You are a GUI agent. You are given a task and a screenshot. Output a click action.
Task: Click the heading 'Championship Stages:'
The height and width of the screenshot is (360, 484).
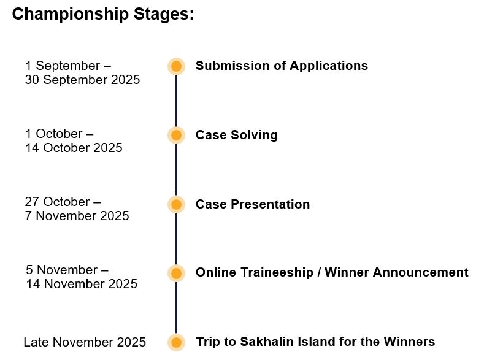click(103, 15)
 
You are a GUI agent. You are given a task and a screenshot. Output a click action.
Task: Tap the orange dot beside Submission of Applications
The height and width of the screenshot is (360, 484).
click(176, 66)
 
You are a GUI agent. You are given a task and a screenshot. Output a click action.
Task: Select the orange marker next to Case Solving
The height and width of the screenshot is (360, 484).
click(176, 135)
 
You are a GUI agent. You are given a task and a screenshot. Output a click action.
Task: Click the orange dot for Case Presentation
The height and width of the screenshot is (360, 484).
click(176, 204)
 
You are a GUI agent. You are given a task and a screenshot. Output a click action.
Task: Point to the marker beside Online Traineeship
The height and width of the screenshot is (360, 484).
click(176, 273)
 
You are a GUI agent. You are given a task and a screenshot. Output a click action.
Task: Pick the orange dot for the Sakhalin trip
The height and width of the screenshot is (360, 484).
click(176, 342)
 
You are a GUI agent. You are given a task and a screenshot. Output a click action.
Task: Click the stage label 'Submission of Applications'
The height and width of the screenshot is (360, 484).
click(282, 66)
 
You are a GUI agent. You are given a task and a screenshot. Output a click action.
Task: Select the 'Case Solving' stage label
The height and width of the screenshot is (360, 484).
click(237, 135)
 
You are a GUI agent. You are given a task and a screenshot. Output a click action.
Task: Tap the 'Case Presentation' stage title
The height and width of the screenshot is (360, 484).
click(253, 204)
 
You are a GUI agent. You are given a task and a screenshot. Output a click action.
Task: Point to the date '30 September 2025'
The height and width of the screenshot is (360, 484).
click(82, 80)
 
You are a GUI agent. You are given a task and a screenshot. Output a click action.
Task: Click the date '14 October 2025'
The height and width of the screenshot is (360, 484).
click(74, 148)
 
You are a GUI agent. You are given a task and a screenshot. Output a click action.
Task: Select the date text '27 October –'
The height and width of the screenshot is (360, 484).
click(63, 202)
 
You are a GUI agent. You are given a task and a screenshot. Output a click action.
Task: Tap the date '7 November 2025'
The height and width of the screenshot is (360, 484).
click(77, 216)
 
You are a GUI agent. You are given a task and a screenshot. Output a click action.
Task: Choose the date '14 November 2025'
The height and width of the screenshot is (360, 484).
click(82, 284)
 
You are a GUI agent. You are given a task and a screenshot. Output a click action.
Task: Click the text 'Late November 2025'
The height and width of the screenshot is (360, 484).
click(85, 342)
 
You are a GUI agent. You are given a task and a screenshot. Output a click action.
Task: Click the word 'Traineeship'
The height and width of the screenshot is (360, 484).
click(277, 273)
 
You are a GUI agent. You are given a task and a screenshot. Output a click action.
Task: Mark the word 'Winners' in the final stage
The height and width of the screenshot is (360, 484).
click(409, 342)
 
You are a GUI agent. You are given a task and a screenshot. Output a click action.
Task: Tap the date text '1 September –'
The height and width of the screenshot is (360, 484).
click(68, 66)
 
